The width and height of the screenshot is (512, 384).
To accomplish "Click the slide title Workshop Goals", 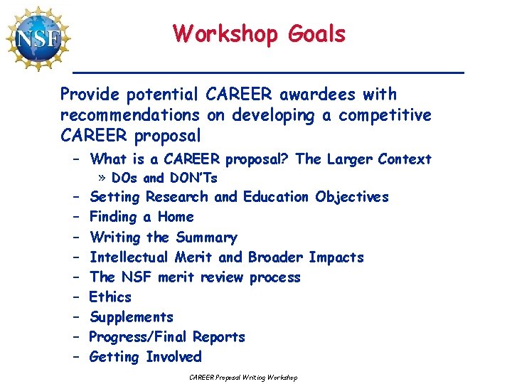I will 259,33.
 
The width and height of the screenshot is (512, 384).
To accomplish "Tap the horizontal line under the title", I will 269,73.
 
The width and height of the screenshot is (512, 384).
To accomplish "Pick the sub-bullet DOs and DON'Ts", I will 164,178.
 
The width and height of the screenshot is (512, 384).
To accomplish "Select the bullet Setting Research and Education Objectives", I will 239,197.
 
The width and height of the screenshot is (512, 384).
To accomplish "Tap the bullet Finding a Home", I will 142,217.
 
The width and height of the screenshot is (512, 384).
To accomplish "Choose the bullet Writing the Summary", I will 164,237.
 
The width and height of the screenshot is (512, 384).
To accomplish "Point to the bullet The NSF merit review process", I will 195,277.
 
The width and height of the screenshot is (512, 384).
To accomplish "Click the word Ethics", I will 110,297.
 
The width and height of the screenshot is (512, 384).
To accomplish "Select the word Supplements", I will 132,316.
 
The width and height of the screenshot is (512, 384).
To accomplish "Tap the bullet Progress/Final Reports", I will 167,336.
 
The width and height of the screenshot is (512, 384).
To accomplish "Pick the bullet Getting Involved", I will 146,356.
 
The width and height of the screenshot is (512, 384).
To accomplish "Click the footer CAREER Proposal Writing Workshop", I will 243,377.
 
